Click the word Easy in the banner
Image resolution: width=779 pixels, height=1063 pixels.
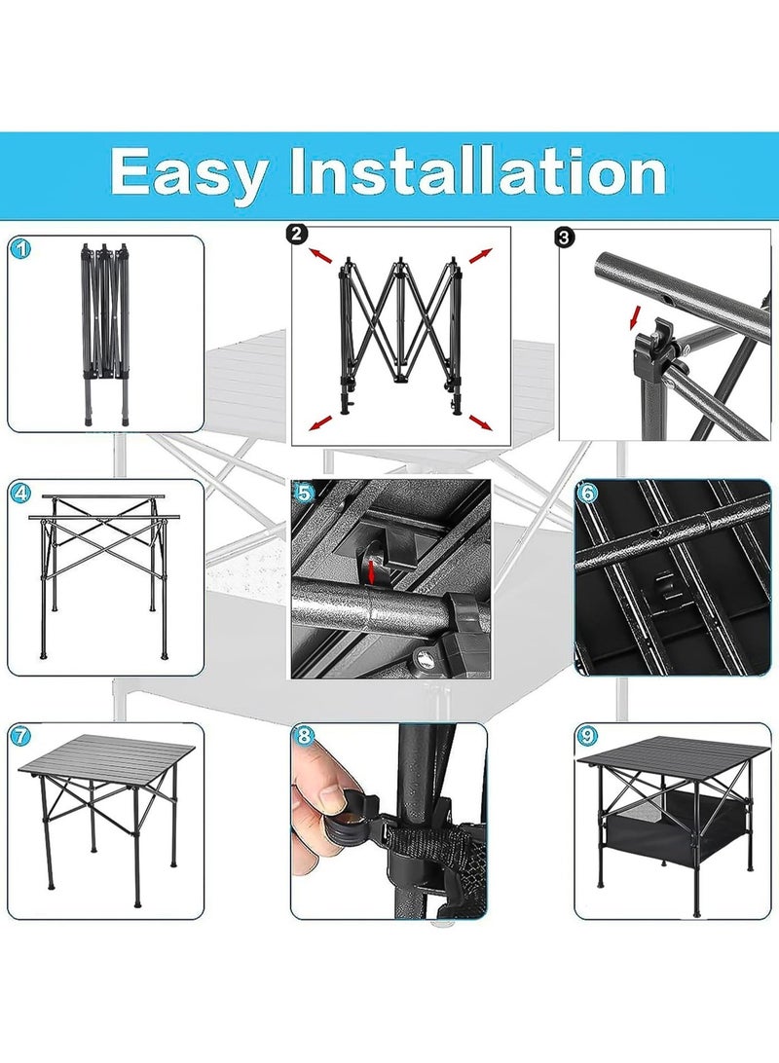pos(189,174)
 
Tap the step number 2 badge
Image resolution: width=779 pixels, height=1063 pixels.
pos(298,235)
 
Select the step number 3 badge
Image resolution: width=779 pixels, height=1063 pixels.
pos(564,238)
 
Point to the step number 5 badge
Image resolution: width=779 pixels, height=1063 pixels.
pos(305,493)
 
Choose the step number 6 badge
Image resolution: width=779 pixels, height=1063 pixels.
pos(587,493)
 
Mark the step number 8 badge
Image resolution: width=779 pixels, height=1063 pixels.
pos(305,736)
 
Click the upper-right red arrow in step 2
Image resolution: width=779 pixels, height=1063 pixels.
pos(479,256)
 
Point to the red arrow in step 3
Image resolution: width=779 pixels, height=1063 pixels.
pos(635,317)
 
